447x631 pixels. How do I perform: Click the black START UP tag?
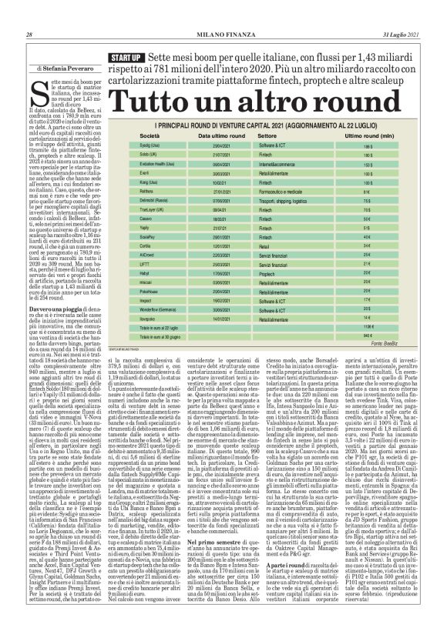[x=126, y=58]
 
